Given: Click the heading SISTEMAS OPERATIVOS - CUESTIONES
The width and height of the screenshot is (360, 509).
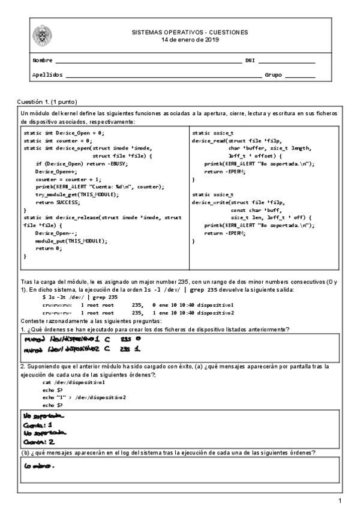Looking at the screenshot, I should [x=190, y=32].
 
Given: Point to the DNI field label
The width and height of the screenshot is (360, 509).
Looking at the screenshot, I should [x=250, y=61].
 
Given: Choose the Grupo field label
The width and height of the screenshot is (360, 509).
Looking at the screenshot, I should [x=273, y=75].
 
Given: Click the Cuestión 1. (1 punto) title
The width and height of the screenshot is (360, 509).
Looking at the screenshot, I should [x=47, y=101].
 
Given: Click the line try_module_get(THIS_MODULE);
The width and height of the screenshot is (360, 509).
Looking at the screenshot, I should [x=74, y=195].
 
